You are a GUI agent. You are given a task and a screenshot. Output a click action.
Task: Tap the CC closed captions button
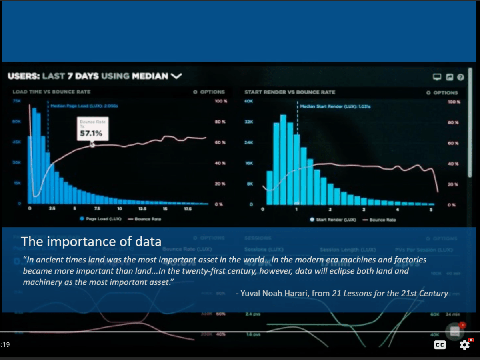(x=440, y=345)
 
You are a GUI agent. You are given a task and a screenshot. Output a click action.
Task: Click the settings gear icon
(x=464, y=345)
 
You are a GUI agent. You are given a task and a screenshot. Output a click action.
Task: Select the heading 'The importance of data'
(x=91, y=242)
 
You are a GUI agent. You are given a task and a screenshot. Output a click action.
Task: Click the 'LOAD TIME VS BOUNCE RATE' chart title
(x=52, y=92)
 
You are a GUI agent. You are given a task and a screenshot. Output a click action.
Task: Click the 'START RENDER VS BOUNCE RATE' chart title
(x=290, y=92)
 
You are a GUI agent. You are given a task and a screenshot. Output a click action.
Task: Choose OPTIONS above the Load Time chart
(x=209, y=92)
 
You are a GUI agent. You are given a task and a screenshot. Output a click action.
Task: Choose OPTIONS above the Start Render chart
(x=442, y=93)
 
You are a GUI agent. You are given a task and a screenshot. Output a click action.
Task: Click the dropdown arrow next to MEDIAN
(x=176, y=76)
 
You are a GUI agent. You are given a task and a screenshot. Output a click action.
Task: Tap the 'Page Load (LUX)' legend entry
(x=101, y=219)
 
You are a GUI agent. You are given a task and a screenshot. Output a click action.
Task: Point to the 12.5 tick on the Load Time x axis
(x=142, y=209)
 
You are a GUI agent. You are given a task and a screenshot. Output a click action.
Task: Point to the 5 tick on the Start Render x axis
(x=431, y=210)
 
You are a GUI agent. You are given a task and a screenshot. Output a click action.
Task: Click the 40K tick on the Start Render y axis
(x=248, y=102)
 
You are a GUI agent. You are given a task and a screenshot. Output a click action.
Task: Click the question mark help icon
(x=461, y=77)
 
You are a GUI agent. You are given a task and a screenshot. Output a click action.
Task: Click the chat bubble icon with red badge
(x=455, y=331)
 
